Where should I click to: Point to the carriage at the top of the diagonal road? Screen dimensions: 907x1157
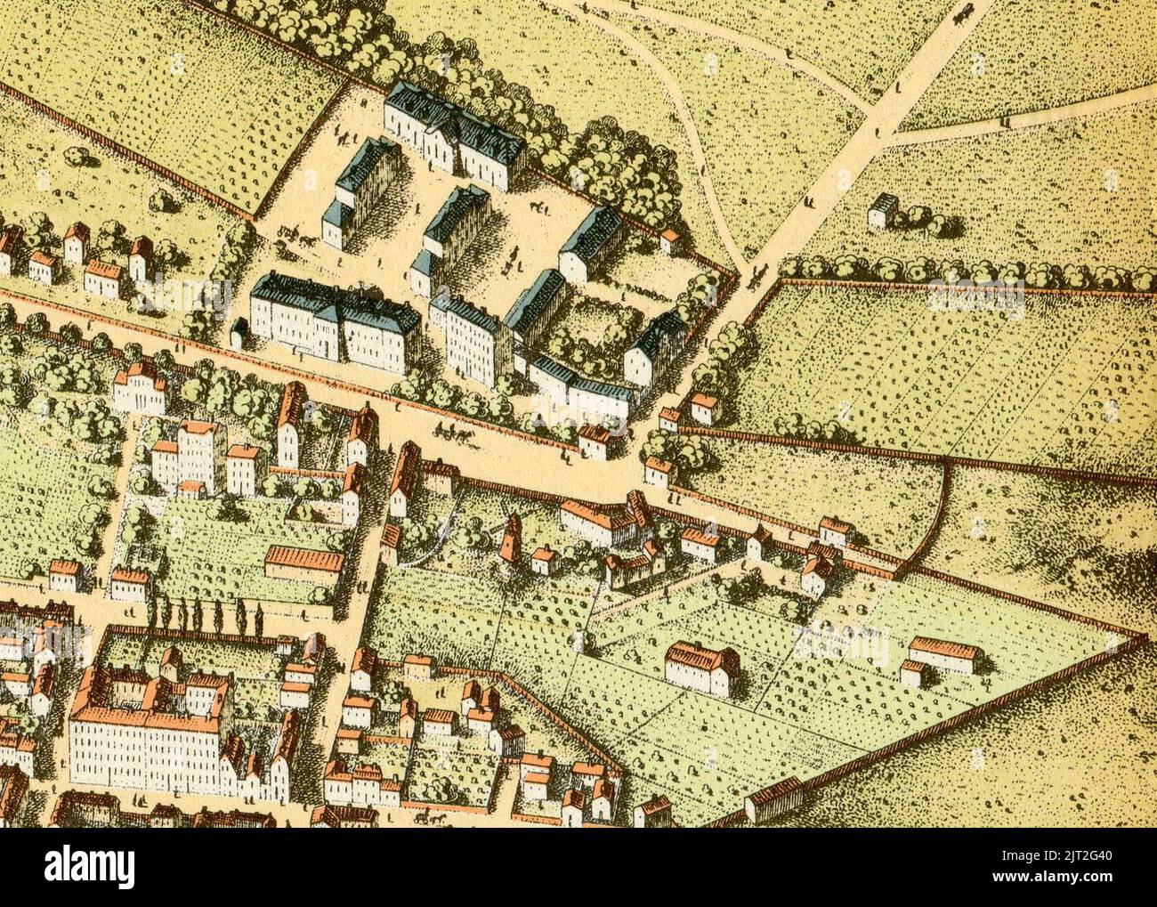[960, 11]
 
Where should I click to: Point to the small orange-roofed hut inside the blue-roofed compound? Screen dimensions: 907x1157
[668, 239]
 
